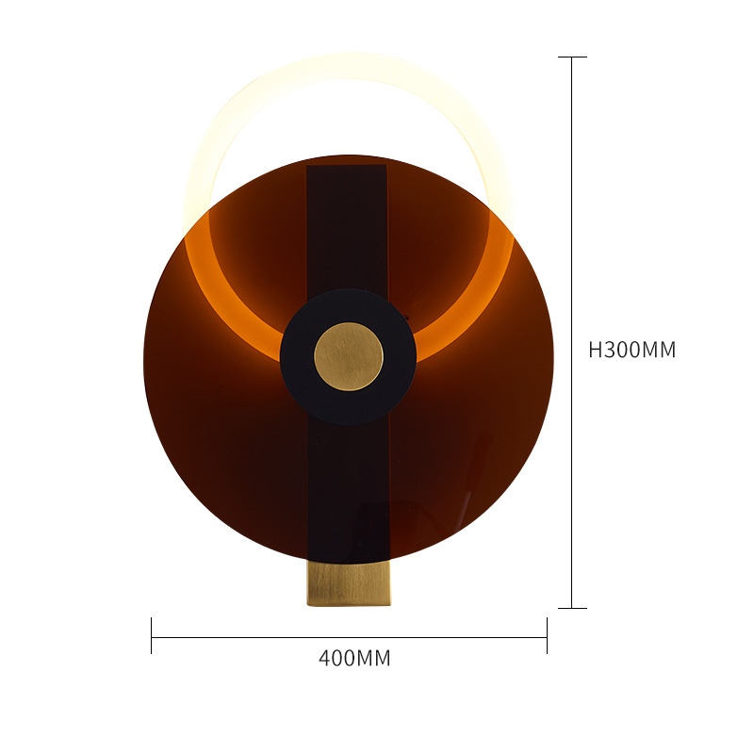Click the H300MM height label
631,350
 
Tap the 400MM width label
354,658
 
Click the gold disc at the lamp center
349,356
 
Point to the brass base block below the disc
349,583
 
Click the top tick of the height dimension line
572,57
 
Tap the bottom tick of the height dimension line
572,608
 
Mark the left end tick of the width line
152,635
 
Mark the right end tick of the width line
547,635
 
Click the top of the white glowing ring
350,66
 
